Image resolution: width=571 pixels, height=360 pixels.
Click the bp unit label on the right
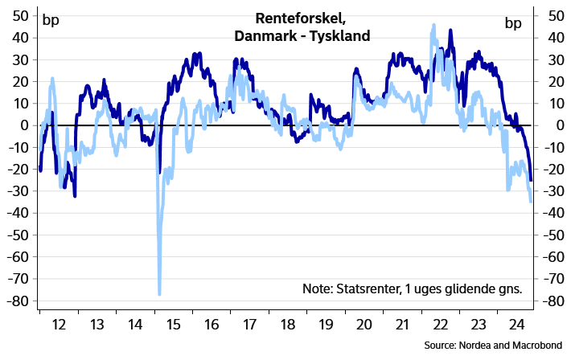click(x=513, y=22)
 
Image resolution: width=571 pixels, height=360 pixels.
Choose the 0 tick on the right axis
click(x=544, y=125)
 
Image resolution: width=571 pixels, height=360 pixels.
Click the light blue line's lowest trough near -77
click(x=159, y=293)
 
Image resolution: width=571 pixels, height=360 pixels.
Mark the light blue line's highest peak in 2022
click(x=433, y=26)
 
